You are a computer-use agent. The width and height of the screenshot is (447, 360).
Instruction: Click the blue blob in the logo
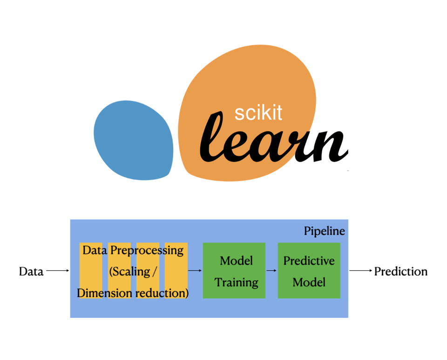134,140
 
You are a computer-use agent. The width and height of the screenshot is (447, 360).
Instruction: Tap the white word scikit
258,113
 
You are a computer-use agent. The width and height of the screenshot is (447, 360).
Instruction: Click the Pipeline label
325,231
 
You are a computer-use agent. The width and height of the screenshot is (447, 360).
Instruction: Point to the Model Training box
234,271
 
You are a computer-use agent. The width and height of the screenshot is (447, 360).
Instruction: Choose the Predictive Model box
309,271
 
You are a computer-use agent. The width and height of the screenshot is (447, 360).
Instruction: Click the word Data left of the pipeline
31,272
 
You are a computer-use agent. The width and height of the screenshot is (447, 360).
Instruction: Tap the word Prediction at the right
401,272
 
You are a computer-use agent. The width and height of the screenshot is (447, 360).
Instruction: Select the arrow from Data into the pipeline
58,270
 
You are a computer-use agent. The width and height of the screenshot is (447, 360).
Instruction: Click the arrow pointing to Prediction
361,270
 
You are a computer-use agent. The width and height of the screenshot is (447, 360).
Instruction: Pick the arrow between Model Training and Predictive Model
271,270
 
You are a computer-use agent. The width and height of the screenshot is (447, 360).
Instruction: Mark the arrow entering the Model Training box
195,270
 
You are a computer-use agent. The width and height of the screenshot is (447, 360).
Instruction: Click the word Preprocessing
147,251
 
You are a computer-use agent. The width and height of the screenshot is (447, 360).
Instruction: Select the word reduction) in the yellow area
162,293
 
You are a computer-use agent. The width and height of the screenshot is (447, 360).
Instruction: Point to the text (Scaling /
133,272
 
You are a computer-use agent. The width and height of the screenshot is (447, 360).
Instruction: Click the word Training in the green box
237,282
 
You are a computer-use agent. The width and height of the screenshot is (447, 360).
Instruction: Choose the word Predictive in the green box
309,261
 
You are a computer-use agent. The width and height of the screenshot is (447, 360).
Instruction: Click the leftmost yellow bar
91,271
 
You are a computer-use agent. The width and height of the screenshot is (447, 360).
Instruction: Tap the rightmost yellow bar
176,271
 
